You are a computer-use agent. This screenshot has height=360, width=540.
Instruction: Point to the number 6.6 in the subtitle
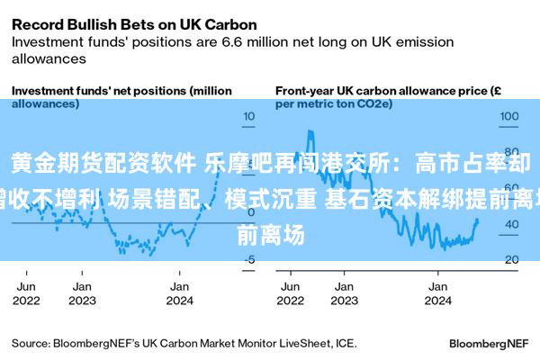click(x=265, y=40)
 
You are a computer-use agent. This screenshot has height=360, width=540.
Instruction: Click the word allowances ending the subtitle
click(x=49, y=58)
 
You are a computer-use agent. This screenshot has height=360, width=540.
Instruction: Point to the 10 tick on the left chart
click(x=248, y=116)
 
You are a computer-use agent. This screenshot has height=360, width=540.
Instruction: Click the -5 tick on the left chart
click(x=250, y=260)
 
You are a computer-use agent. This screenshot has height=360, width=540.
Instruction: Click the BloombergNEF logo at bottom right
click(x=489, y=343)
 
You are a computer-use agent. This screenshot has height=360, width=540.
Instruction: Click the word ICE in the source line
click(x=344, y=343)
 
